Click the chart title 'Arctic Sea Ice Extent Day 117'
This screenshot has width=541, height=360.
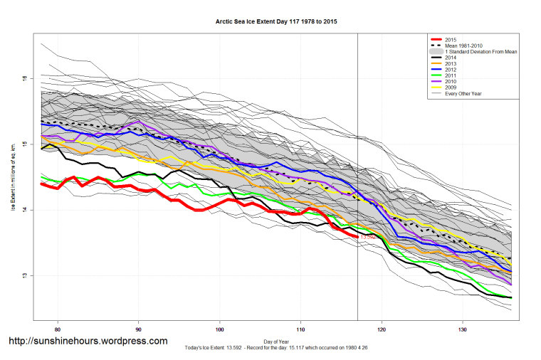click(x=276, y=22)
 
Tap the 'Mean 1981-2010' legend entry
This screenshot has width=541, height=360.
click(x=463, y=46)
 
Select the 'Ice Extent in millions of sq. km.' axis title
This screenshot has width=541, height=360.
click(x=13, y=177)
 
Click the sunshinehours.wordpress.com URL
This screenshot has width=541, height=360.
click(x=88, y=341)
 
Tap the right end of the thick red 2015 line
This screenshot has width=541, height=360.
click(x=357, y=236)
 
